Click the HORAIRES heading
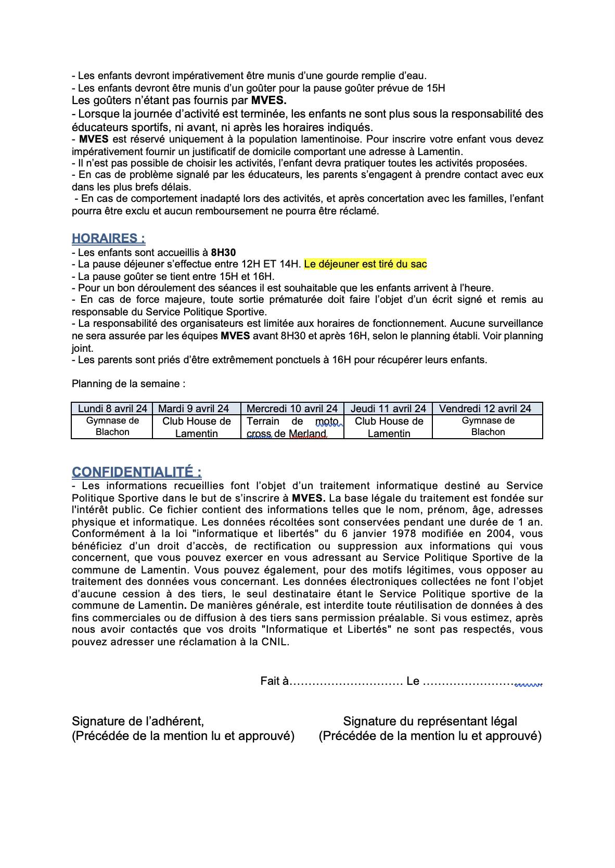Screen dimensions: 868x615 [108, 238]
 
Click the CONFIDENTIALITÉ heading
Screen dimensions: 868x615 [136, 472]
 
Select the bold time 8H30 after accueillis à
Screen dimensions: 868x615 [223, 252]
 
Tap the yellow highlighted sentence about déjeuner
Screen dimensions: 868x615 [365, 264]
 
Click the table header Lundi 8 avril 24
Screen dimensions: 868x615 [112, 409]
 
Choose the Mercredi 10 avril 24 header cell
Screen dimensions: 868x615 [292, 409]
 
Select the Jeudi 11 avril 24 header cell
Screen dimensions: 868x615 [388, 409]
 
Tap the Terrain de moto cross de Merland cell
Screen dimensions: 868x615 [292, 427]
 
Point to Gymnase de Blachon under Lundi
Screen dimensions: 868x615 [112, 427]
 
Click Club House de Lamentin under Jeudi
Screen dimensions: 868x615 [389, 427]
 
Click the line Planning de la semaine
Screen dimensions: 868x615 [129, 384]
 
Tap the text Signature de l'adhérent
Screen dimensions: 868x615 [138, 721]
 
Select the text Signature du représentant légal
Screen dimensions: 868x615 [430, 721]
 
